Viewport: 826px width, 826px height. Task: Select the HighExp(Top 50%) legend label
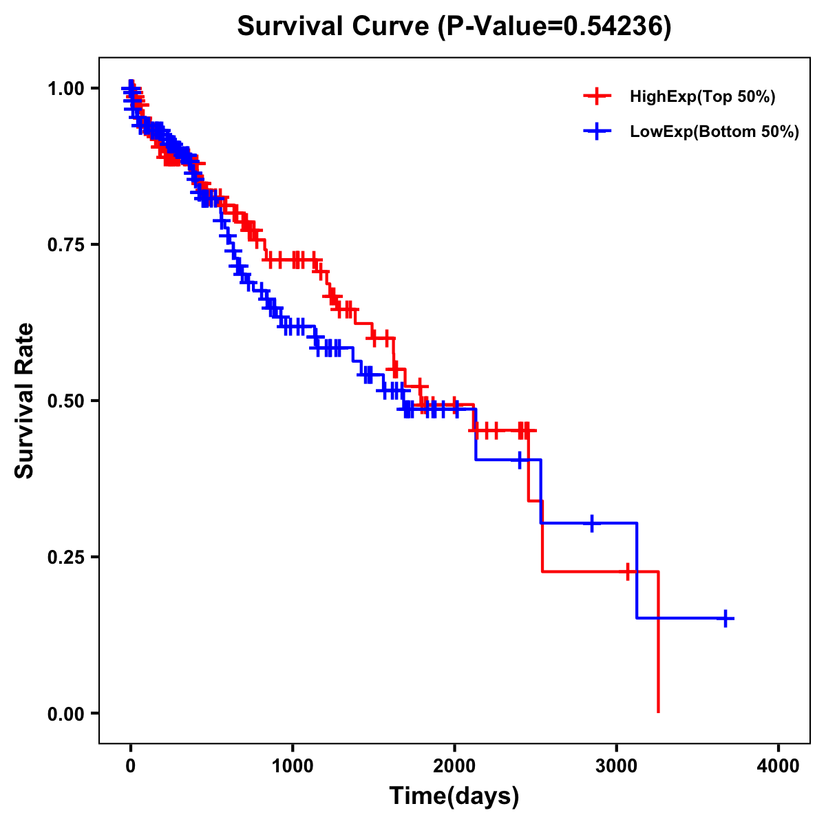point(702,97)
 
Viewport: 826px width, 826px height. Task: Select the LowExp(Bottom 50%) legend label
point(714,132)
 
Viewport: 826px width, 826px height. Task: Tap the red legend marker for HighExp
point(597,97)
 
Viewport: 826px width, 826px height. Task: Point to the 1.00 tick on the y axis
point(66,88)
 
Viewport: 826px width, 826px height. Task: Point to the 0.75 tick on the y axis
point(66,244)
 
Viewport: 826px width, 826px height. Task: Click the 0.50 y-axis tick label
point(66,401)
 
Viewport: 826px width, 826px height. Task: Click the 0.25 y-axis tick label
point(66,557)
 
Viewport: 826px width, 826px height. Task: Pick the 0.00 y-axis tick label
point(66,713)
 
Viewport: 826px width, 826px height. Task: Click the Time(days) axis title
point(454,796)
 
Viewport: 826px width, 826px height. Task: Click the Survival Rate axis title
point(25,401)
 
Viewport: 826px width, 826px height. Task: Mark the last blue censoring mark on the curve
point(725,618)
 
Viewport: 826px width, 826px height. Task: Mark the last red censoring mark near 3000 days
point(628,571)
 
